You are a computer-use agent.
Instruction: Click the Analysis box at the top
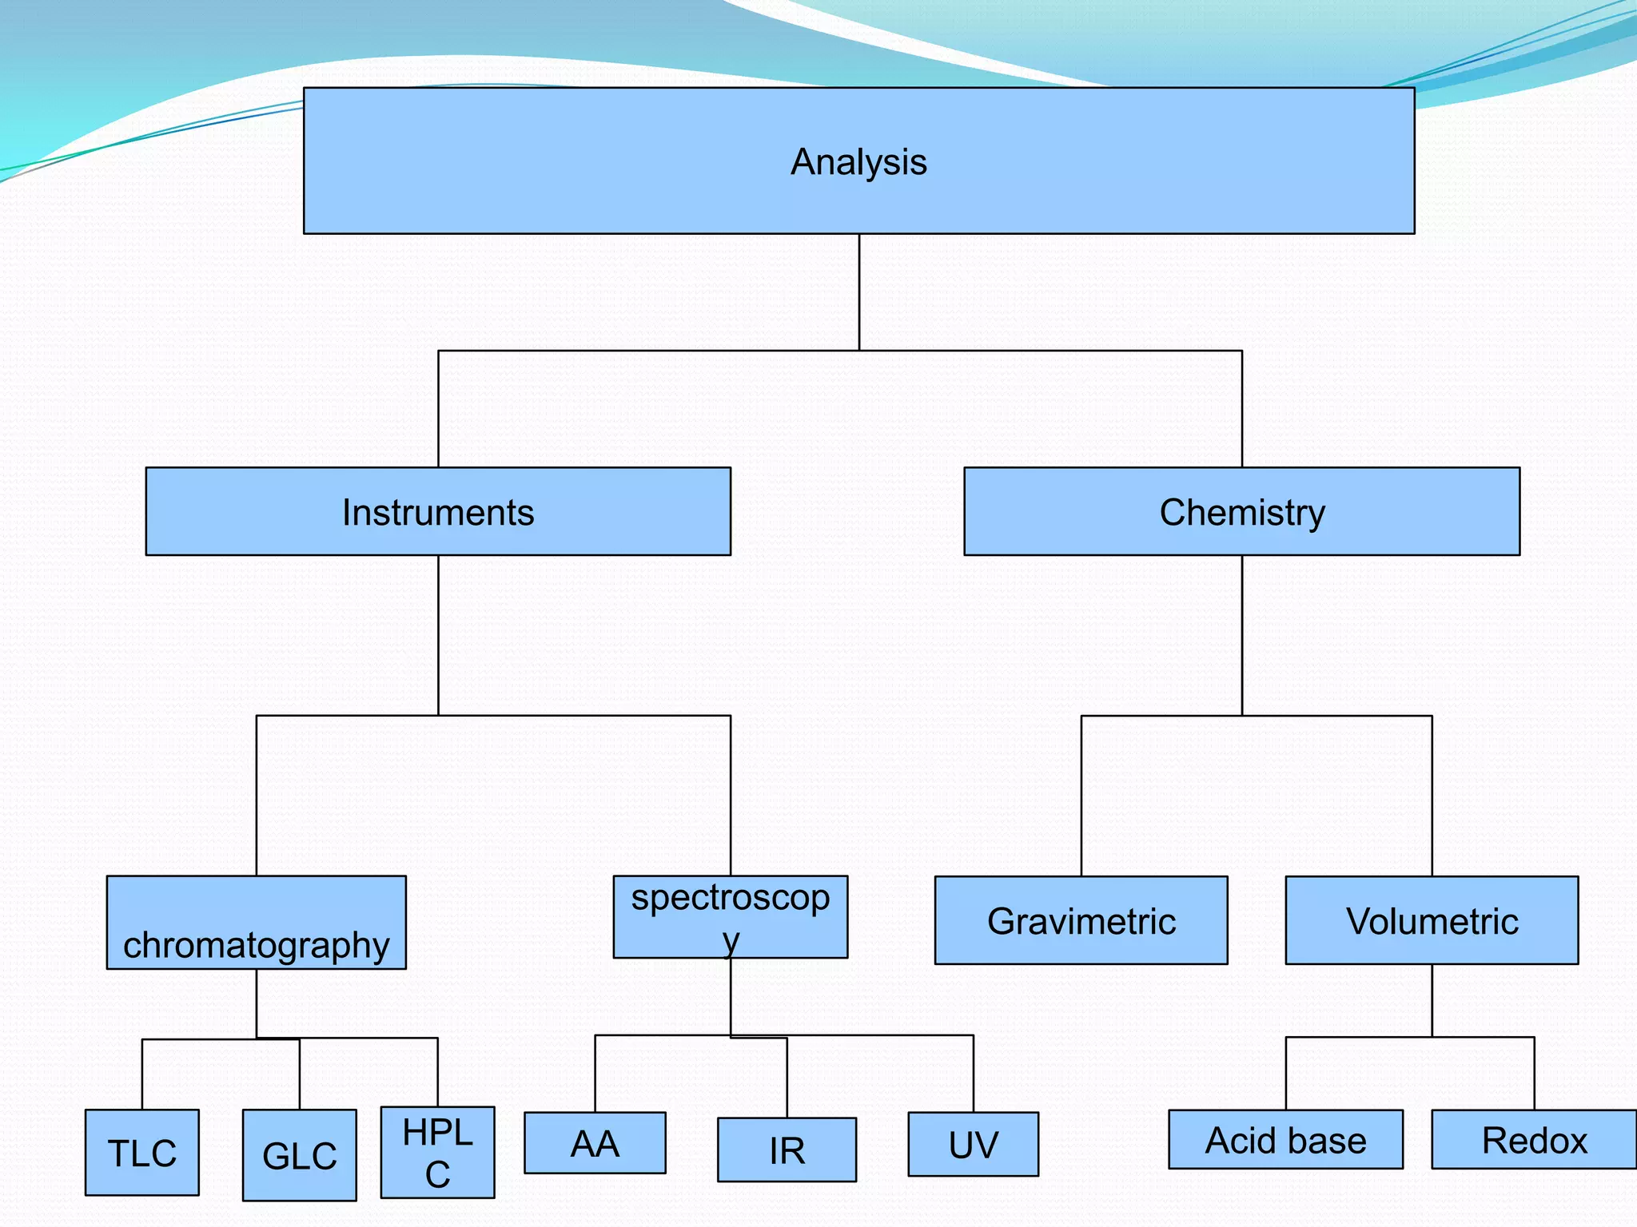pyautogui.click(x=858, y=161)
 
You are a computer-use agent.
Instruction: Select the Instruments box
pyautogui.click(x=438, y=511)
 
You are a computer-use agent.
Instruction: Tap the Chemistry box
pyautogui.click(x=1241, y=511)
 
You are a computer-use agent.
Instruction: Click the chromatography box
pyautogui.click(x=256, y=923)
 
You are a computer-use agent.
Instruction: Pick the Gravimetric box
pyautogui.click(x=1081, y=920)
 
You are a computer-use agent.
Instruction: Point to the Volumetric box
pyautogui.click(x=1432, y=920)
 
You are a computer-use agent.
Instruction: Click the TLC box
pyautogui.click(x=142, y=1152)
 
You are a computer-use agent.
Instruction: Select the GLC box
pyautogui.click(x=300, y=1155)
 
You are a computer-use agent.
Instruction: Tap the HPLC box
pyautogui.click(x=437, y=1152)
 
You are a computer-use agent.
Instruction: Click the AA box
pyautogui.click(x=595, y=1143)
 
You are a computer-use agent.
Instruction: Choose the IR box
pyautogui.click(x=787, y=1150)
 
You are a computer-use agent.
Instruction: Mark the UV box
pyautogui.click(x=973, y=1144)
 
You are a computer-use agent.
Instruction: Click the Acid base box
pyautogui.click(x=1285, y=1139)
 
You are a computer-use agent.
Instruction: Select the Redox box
pyautogui.click(x=1533, y=1139)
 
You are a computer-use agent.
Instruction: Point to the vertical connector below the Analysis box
pyautogui.click(x=859, y=292)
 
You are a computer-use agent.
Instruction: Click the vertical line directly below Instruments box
pyautogui.click(x=438, y=635)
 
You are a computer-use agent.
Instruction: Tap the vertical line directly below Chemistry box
pyautogui.click(x=1242, y=635)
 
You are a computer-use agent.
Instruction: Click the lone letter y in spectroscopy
pyautogui.click(x=731, y=941)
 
